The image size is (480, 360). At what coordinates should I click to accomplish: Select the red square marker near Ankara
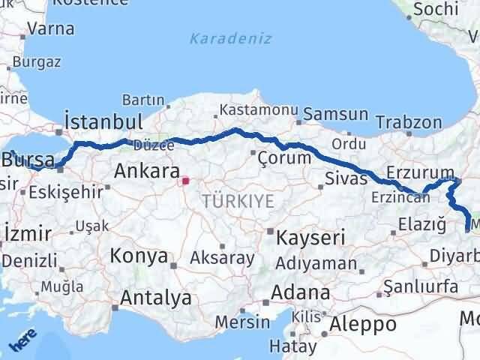[x=185, y=181]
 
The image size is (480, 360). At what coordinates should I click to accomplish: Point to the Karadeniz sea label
[x=230, y=38]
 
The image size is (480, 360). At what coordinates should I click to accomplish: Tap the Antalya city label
[x=156, y=298]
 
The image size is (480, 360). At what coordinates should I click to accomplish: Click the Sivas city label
[x=346, y=178]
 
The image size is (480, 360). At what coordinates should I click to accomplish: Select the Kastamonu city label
[x=251, y=111]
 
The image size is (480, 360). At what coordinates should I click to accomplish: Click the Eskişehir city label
[x=66, y=191]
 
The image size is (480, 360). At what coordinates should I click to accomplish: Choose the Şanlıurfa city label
[x=420, y=286]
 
